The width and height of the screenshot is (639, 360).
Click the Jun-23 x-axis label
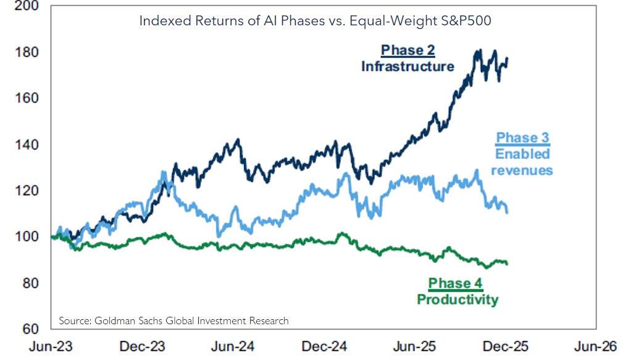tap(51, 346)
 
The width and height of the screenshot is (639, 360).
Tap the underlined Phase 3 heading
tap(523, 137)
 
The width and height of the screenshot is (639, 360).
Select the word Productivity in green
tap(457, 300)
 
